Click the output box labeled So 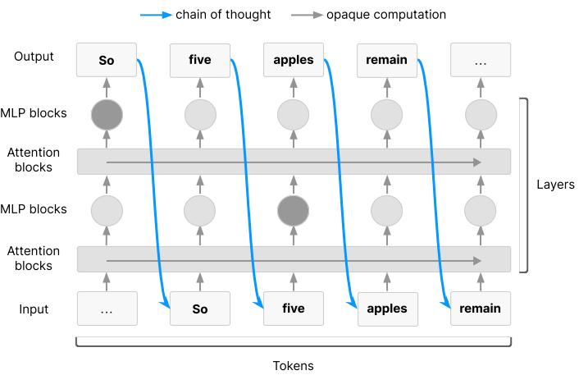107,60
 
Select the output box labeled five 200,60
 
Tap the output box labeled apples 294,60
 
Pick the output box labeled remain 386,60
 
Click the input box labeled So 200,309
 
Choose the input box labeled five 294,309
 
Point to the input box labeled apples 387,309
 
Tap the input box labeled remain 481,309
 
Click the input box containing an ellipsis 107,309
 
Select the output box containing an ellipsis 481,60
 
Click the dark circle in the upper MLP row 107,115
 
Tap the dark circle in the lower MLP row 294,211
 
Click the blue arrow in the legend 156,15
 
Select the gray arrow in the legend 307,15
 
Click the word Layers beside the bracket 555,185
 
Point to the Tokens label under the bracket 294,365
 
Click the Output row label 34,57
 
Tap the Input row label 34,309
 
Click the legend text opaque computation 386,15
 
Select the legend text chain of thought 223,15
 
